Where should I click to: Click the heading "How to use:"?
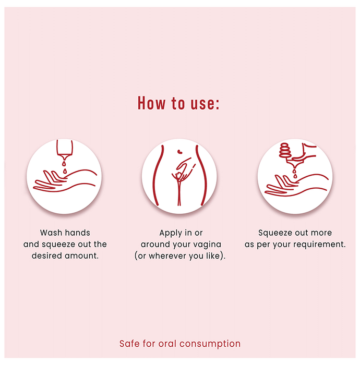pos(178,103)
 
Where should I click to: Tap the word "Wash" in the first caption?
pos(51,233)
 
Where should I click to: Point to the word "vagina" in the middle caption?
pos(208,245)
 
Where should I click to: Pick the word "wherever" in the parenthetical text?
pos(167,256)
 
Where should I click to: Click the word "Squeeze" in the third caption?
pos(275,233)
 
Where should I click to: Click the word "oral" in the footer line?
pos(167,343)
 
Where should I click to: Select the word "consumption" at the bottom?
pos(210,344)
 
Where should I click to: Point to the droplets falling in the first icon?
pos(65,167)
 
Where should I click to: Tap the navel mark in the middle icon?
pos(179,152)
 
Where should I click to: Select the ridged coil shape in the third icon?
pos(284,150)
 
